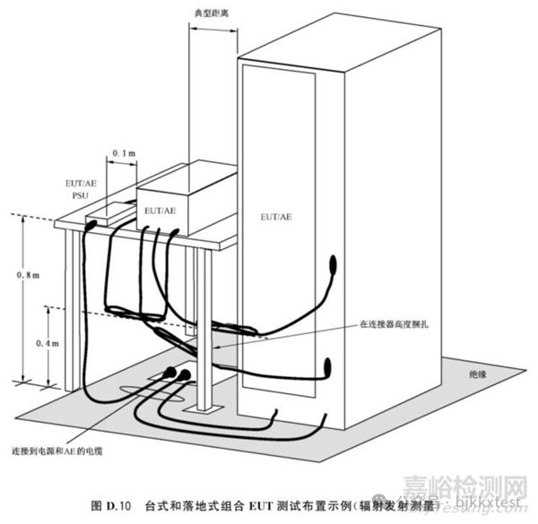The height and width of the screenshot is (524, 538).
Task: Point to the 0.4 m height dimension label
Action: tap(30, 342)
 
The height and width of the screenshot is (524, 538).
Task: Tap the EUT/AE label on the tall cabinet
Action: tap(274, 217)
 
